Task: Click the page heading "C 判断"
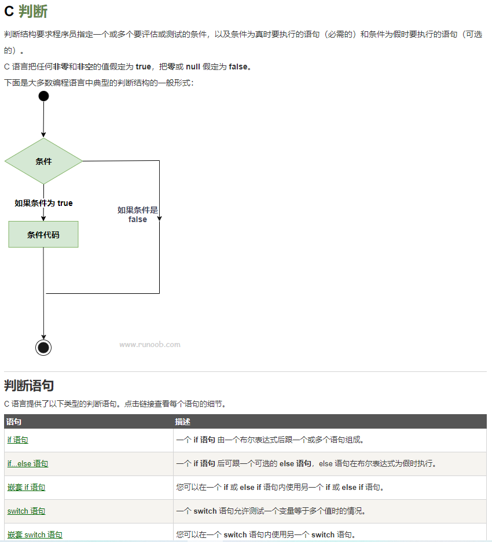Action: (x=26, y=11)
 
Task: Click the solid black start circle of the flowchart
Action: (x=43, y=96)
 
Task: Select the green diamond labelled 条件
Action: (x=43, y=161)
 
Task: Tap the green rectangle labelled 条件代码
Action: (x=43, y=234)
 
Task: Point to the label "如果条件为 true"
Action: (x=43, y=203)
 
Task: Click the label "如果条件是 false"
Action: (x=138, y=215)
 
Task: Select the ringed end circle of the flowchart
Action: (x=43, y=347)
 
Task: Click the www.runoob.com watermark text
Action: (x=150, y=345)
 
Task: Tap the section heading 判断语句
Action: (x=29, y=386)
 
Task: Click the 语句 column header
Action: (x=14, y=422)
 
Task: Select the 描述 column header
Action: (x=183, y=422)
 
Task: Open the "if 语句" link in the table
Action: (x=17, y=440)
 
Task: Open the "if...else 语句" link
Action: (x=27, y=464)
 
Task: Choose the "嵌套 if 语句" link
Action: (x=26, y=488)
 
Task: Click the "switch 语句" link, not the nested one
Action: (x=26, y=511)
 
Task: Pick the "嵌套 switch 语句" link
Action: (x=35, y=534)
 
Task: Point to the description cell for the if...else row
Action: (x=306, y=464)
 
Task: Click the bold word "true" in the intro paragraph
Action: (x=143, y=67)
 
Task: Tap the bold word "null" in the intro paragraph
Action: (x=193, y=67)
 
